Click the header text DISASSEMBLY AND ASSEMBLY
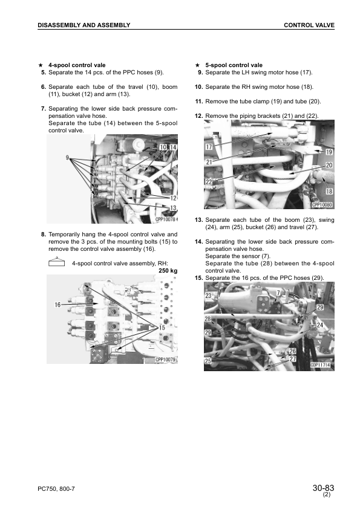[83, 25]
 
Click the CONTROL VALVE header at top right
[309, 25]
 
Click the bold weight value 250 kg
[168, 271]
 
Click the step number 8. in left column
[44, 234]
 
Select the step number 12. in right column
[198, 115]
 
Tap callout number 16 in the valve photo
[57, 305]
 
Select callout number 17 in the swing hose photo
[209, 147]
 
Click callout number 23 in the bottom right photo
[209, 296]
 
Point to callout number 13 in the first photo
[173, 207]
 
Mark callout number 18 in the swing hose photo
[329, 191]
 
